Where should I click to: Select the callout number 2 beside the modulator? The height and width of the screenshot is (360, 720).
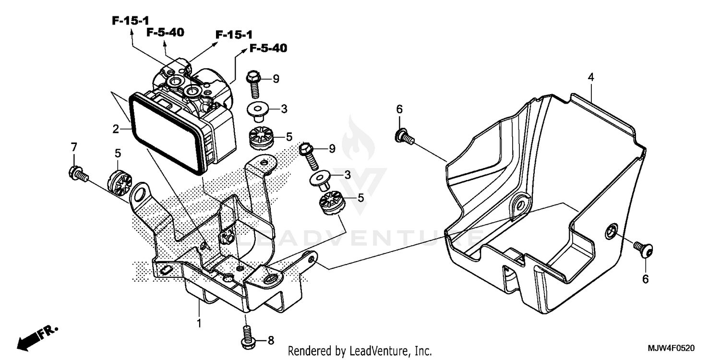pyautogui.click(x=116, y=129)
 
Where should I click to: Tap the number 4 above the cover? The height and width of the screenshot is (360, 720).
pyautogui.click(x=591, y=77)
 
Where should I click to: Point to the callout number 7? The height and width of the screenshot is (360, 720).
pyautogui.click(x=73, y=146)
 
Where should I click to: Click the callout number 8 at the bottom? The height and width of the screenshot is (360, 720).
pyautogui.click(x=270, y=341)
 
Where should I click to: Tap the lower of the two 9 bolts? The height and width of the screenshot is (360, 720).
pyautogui.click(x=306, y=152)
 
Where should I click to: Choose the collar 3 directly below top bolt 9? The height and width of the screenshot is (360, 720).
pyautogui.click(x=258, y=111)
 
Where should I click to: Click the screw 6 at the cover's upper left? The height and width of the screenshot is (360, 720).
pyautogui.click(x=402, y=137)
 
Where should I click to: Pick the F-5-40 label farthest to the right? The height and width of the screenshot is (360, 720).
pyautogui.click(x=268, y=48)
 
